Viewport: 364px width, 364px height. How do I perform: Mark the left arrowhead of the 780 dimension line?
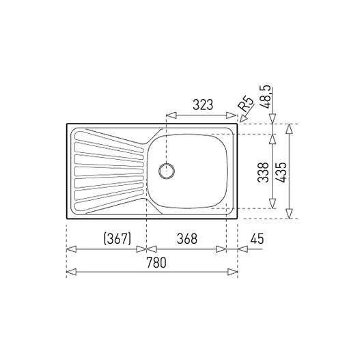pos(70,272)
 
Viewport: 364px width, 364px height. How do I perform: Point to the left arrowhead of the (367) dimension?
pos(70,249)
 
